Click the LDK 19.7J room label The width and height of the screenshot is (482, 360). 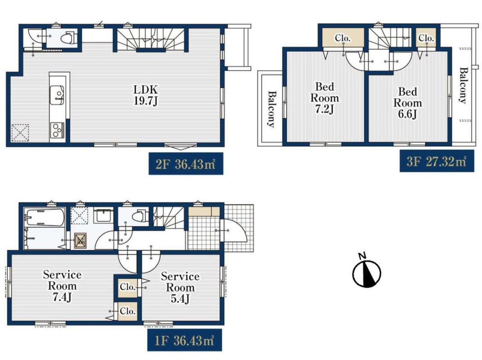pyautogui.click(x=146, y=95)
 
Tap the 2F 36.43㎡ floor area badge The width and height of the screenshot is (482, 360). pyautogui.click(x=186, y=164)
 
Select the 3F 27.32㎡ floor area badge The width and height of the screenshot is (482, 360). pyautogui.click(x=437, y=161)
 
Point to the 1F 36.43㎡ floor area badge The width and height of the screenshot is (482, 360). pyautogui.click(x=184, y=340)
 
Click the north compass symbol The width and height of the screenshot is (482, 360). pyautogui.click(x=366, y=271)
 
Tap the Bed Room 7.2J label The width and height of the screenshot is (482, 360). pyautogui.click(x=325, y=98)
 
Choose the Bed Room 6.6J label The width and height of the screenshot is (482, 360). pyautogui.click(x=408, y=103)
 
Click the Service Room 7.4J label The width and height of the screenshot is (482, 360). pyautogui.click(x=62, y=286)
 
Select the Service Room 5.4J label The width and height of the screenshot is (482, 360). pyautogui.click(x=180, y=288)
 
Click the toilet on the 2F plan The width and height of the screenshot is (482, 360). pyautogui.click(x=68, y=38)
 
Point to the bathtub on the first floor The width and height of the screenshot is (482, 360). pyautogui.click(x=45, y=217)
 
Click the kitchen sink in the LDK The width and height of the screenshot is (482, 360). pyautogui.click(x=57, y=95)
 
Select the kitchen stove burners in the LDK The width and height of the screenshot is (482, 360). pyautogui.click(x=57, y=130)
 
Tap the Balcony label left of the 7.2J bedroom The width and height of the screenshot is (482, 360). pyautogui.click(x=271, y=108)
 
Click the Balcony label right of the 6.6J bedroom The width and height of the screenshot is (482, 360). pyautogui.click(x=463, y=85)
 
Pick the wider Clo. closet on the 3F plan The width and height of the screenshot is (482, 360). pyautogui.click(x=343, y=38)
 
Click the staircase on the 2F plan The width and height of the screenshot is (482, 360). pyautogui.click(x=151, y=39)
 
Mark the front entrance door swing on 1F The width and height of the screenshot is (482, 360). pyautogui.click(x=234, y=230)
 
